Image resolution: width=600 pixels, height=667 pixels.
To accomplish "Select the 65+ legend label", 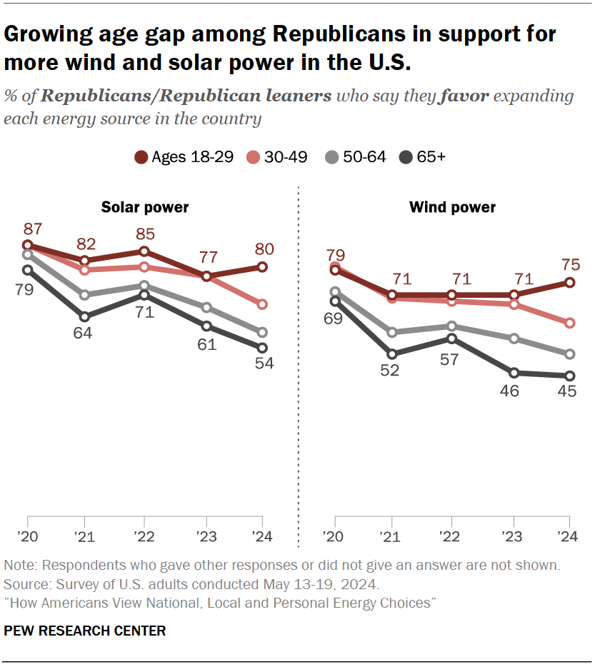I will [x=431, y=157].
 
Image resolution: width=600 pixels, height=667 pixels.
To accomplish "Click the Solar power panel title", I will [x=145, y=208].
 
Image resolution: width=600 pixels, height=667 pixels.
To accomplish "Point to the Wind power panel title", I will [x=452, y=208].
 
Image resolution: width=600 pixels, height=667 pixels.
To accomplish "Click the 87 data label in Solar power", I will [x=33, y=229].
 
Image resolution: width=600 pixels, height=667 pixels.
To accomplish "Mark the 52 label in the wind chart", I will [x=392, y=370].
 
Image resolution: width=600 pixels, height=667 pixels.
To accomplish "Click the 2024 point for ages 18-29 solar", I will [x=262, y=267].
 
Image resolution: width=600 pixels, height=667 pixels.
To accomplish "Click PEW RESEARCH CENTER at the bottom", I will [x=84, y=631].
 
